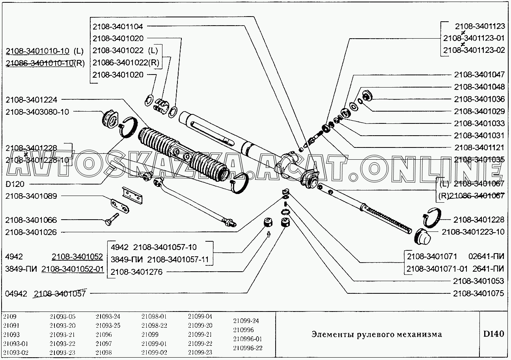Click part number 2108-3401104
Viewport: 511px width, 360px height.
click(x=118, y=26)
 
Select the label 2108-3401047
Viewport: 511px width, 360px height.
click(x=479, y=74)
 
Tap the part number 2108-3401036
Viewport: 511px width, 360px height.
click(x=479, y=99)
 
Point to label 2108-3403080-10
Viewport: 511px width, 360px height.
click(x=37, y=112)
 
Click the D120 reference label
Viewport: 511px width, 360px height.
click(x=15, y=183)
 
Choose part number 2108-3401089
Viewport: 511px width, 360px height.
click(x=31, y=196)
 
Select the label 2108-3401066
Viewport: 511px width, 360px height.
click(x=31, y=220)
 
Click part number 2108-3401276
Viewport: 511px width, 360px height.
click(x=136, y=272)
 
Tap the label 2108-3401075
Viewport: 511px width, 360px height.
click(x=479, y=293)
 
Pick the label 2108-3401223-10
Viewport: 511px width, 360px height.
click(x=473, y=232)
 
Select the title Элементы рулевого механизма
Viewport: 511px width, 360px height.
click(x=377, y=334)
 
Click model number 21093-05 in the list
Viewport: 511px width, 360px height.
click(x=62, y=316)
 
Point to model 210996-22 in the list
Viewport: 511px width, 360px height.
click(x=248, y=348)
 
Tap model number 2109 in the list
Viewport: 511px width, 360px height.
click(x=9, y=316)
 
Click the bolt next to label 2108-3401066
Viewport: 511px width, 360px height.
click(x=112, y=219)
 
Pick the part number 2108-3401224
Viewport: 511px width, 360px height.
click(x=31, y=100)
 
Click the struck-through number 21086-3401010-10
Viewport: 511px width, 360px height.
click(x=39, y=63)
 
